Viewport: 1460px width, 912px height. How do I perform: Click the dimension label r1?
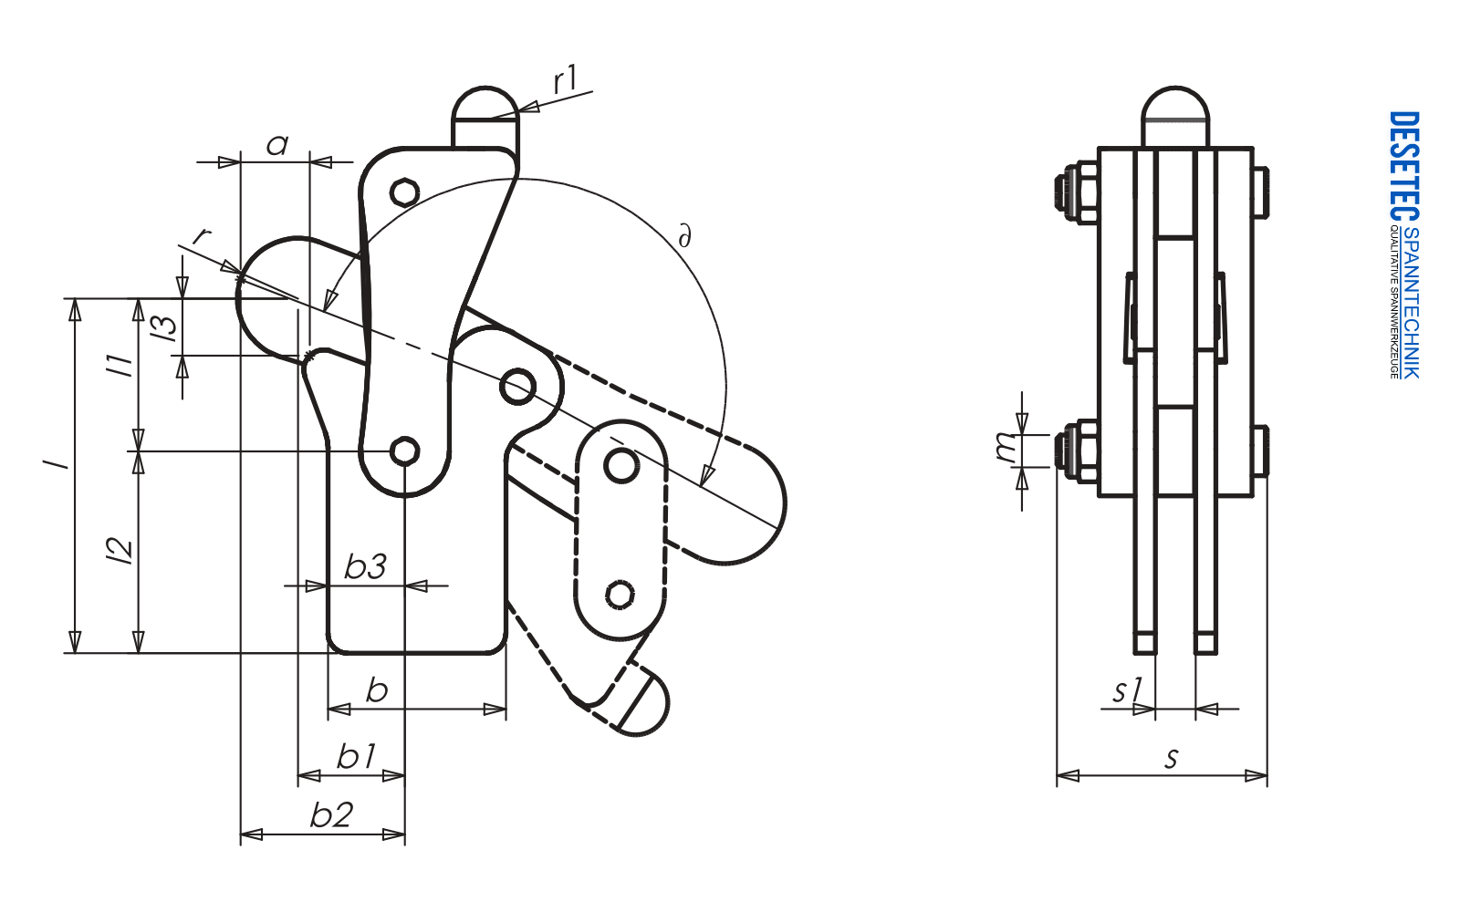[566, 80]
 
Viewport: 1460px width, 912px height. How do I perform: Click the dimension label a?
[276, 145]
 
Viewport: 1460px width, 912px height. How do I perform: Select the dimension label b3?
[365, 567]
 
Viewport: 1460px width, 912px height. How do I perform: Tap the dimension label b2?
[331, 814]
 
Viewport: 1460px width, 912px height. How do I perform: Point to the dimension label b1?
[356, 756]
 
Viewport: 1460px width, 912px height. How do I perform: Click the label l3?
[165, 327]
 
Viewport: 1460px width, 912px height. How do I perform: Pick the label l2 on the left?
[120, 550]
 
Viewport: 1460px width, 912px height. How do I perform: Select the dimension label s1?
[1127, 690]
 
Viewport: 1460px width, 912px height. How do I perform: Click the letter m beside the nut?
[1006, 447]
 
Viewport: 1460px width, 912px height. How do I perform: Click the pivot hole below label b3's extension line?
[404, 451]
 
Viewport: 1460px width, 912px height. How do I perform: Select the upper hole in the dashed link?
[621, 466]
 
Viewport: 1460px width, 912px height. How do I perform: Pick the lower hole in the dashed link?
[620, 595]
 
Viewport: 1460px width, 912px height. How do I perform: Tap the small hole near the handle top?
[404, 192]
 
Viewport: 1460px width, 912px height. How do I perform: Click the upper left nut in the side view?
[1077, 192]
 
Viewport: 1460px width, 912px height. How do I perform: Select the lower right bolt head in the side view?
[1260, 451]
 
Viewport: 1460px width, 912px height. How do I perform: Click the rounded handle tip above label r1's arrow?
[485, 103]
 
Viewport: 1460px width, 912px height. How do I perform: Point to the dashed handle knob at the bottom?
[646, 704]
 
